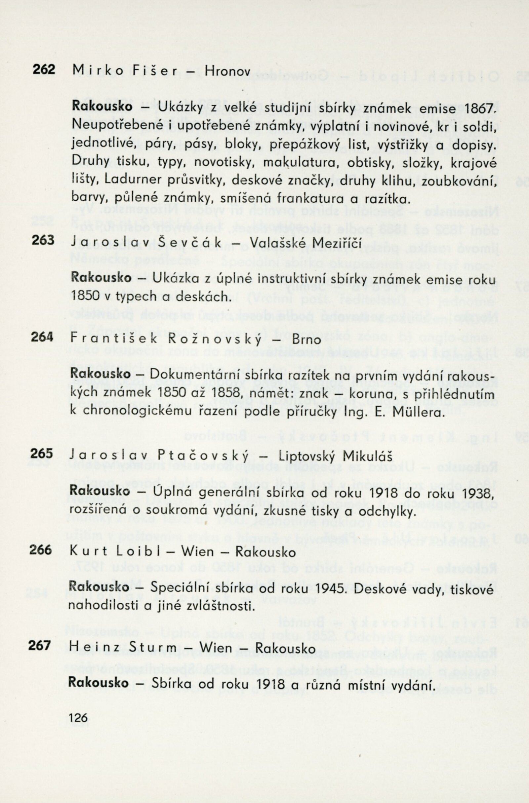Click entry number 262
point(44,69)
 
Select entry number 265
point(42,454)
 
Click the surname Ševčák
point(193,243)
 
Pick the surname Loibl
point(138,552)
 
